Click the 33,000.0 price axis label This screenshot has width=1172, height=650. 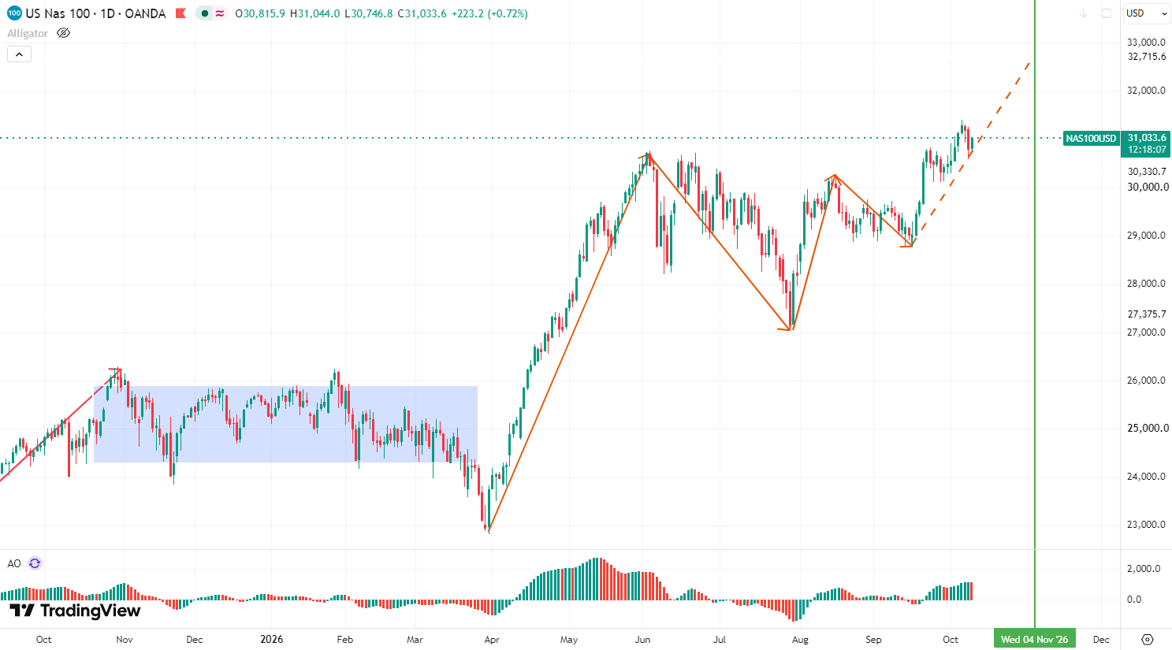click(x=1146, y=43)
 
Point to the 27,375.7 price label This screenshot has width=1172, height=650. click(x=1146, y=314)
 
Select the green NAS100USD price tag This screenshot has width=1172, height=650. click(x=1091, y=139)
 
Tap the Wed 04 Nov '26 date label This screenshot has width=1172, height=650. click(x=1034, y=639)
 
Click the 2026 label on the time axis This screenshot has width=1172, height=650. click(x=272, y=639)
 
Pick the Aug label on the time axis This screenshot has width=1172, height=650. click(x=800, y=640)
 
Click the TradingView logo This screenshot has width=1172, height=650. click(x=76, y=611)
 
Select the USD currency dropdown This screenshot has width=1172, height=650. click(x=1146, y=13)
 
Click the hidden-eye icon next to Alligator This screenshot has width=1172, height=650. click(x=63, y=33)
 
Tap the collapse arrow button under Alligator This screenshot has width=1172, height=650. click(x=20, y=54)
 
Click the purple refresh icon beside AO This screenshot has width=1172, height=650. click(x=35, y=563)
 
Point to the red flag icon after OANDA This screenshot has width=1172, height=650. click(x=180, y=13)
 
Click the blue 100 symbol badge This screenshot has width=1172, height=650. click(x=14, y=13)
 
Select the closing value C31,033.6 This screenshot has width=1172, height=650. click(x=422, y=13)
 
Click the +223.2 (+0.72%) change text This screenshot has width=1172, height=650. click(x=489, y=13)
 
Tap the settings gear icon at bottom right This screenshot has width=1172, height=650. click(x=1147, y=640)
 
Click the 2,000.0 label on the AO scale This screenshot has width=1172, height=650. click(x=1146, y=568)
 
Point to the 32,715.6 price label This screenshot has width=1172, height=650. click(x=1146, y=57)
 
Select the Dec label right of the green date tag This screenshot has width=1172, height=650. click(x=1101, y=640)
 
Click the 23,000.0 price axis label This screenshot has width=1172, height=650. click(x=1146, y=525)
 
